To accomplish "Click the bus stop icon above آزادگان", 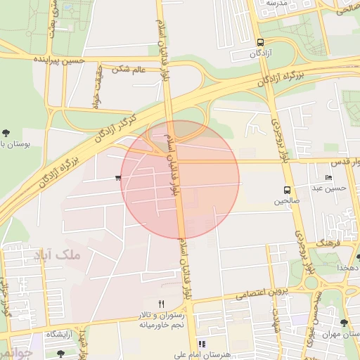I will point(261,42).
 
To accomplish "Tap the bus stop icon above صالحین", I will point(287,190).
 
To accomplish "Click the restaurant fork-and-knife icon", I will point(161,303).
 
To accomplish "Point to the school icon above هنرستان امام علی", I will point(202,345).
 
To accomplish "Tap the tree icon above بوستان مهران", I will point(343,323).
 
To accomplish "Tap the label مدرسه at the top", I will point(276,4).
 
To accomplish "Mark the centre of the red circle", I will point(180,179).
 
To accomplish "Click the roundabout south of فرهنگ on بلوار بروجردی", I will point(311,282).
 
